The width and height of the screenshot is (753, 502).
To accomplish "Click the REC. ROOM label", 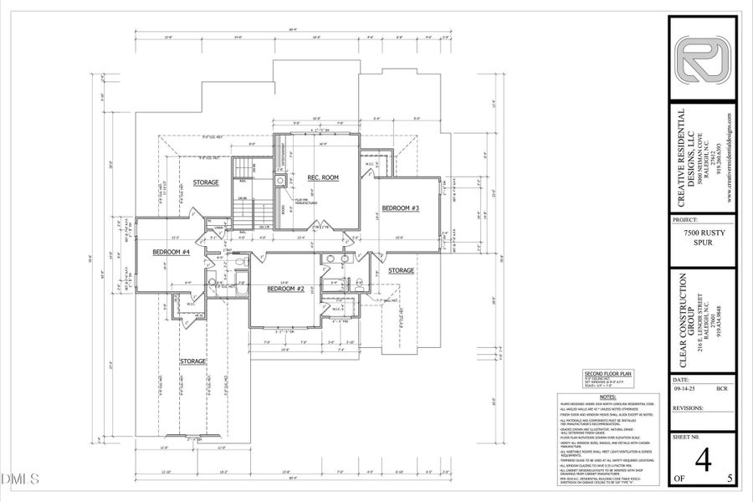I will (323, 177).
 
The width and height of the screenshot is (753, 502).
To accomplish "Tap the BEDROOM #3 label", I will (400, 207).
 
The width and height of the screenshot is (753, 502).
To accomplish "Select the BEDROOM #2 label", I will (284, 289).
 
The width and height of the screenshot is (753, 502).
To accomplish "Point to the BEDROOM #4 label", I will (171, 252).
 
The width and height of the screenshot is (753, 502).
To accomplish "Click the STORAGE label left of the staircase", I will (206, 182).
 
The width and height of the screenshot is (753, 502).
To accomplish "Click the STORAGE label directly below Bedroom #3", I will (401, 270).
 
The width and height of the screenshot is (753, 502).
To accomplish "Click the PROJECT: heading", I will (690, 221).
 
